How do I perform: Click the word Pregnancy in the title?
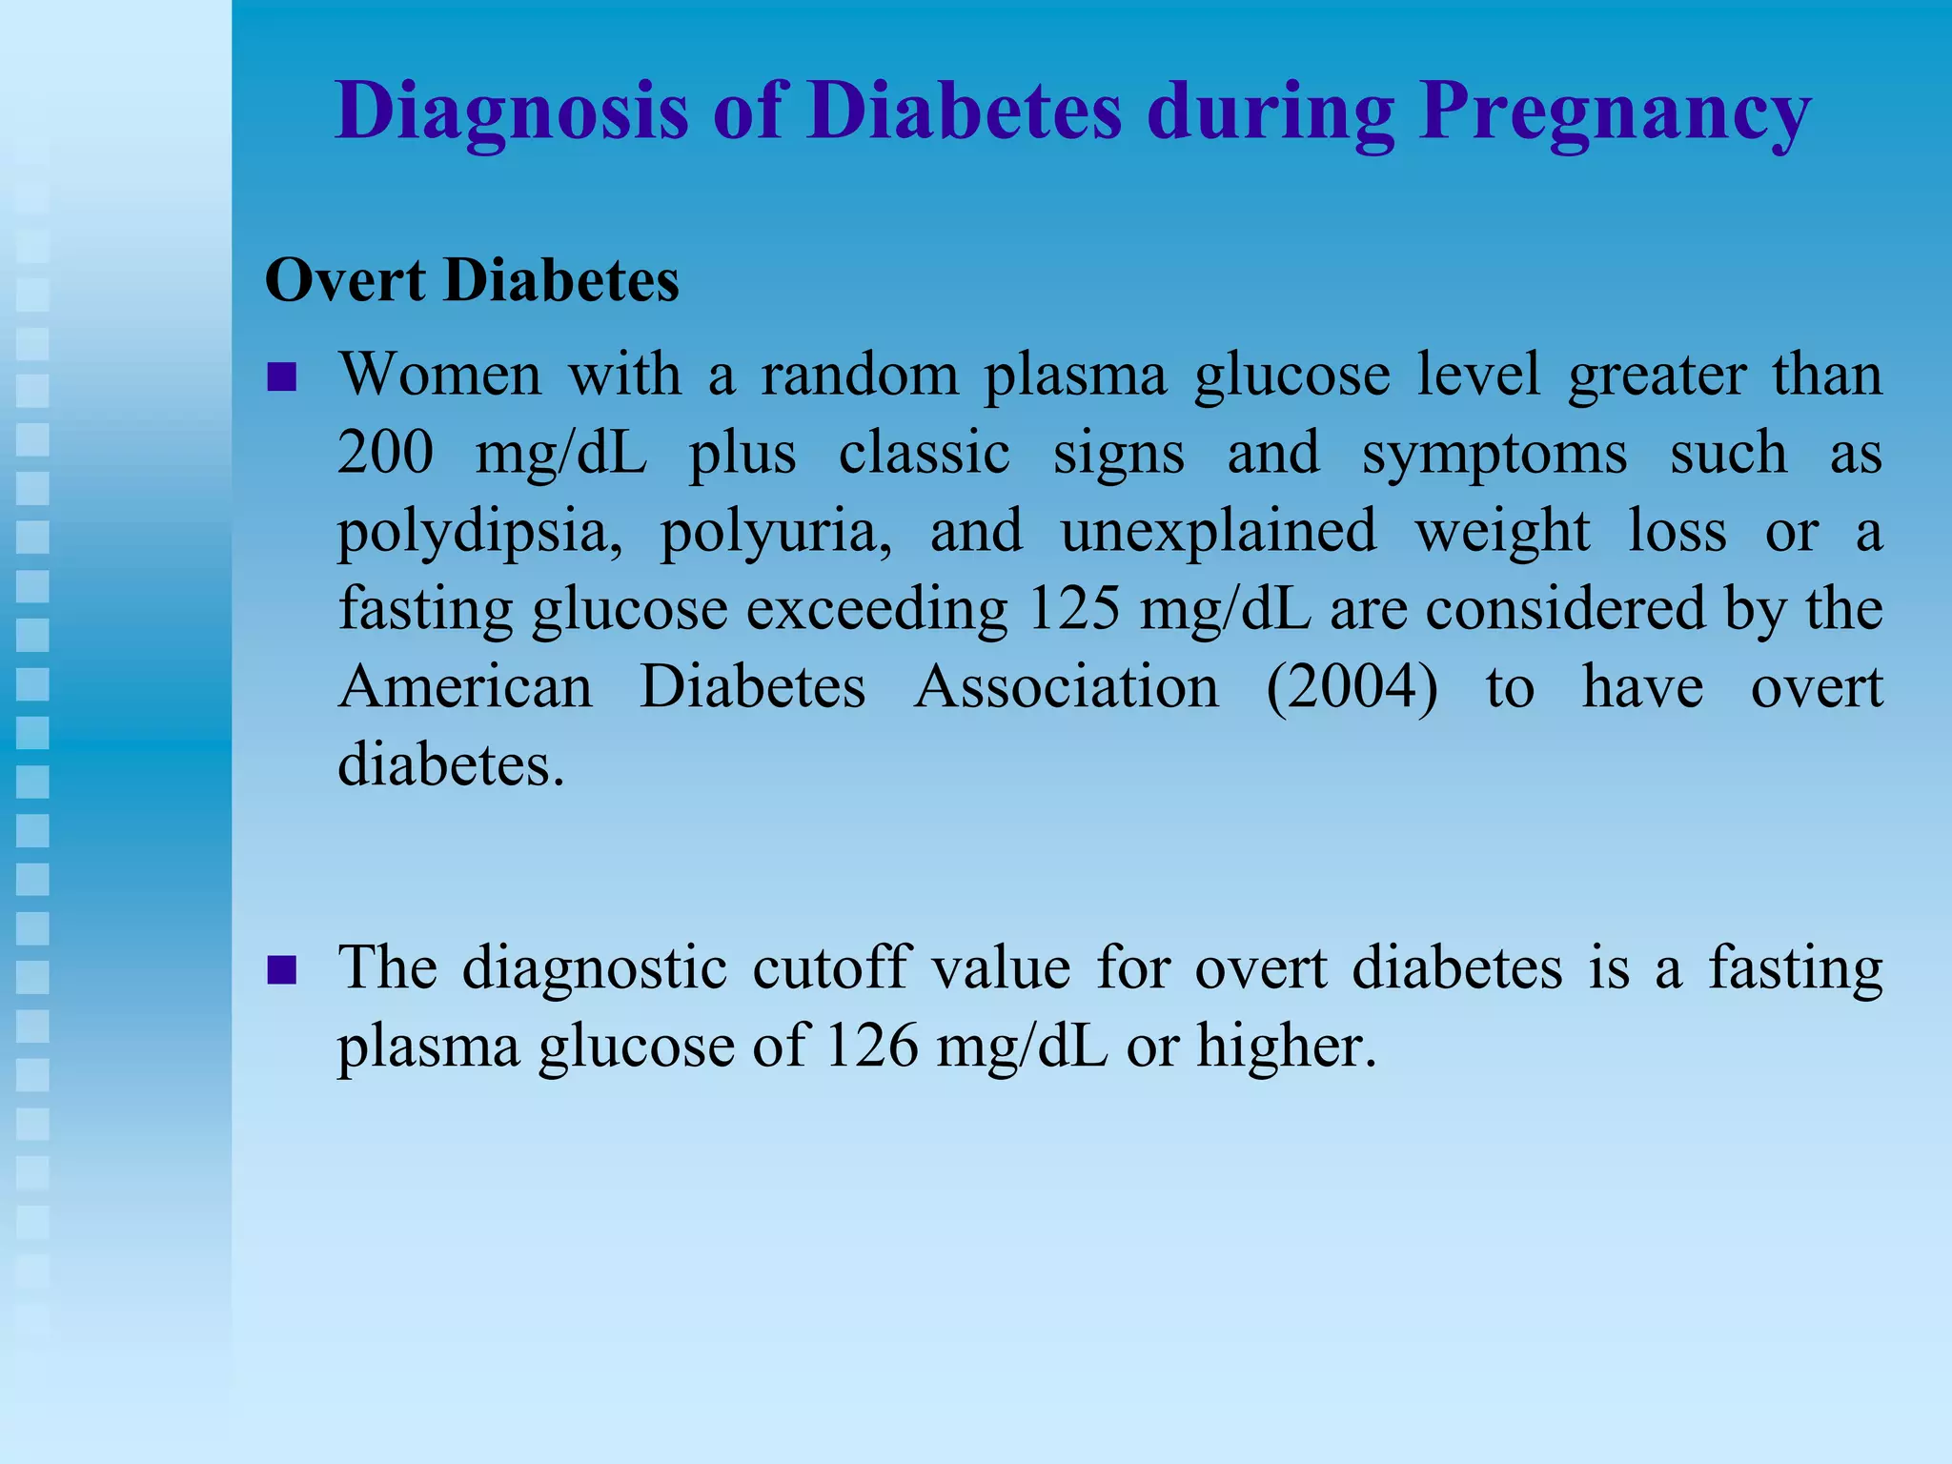tap(1615, 112)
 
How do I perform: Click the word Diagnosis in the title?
tap(511, 112)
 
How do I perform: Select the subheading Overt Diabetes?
tap(472, 281)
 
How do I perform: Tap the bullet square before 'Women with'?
tap(282, 377)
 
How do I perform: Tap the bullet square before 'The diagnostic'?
tap(282, 971)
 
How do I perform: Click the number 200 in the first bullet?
tap(385, 452)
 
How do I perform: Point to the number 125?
tap(1074, 608)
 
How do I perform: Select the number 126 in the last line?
tap(871, 1046)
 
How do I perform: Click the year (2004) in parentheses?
tap(1352, 686)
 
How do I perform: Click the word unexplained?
tap(1218, 530)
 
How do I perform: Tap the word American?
tap(465, 686)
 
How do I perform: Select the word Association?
tap(1066, 686)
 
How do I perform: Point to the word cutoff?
tap(831, 967)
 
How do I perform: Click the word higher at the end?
tap(1286, 1046)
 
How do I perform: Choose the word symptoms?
tap(1494, 454)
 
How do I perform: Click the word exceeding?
tap(876, 610)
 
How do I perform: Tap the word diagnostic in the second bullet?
tap(594, 969)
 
